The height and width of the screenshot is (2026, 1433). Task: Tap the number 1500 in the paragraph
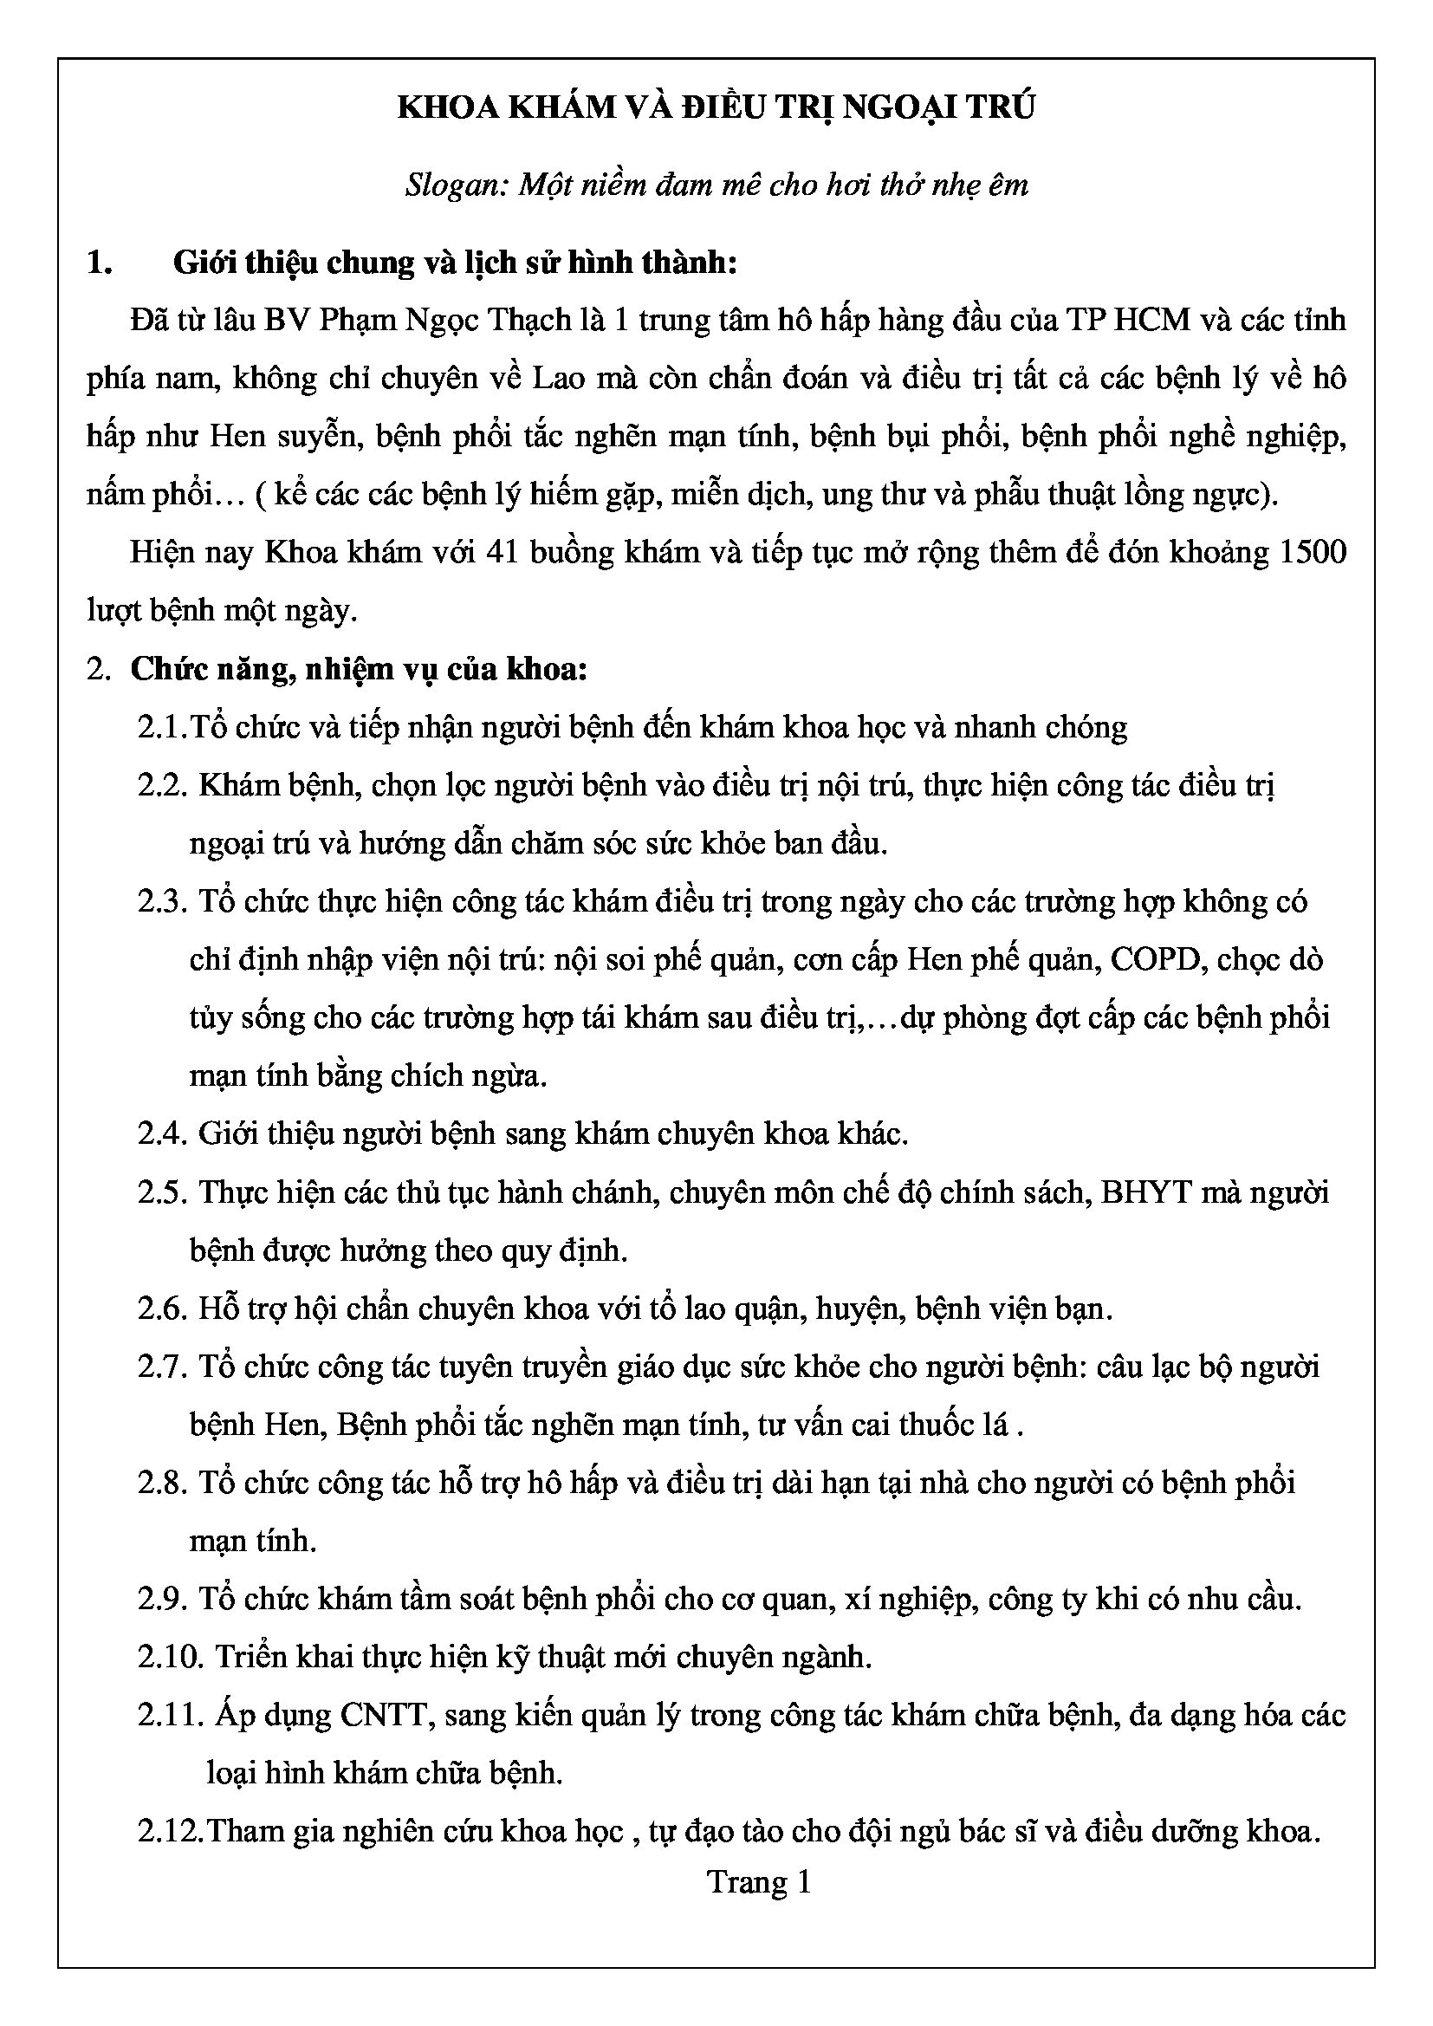pos(1312,552)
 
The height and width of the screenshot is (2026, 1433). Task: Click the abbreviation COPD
pos(1157,959)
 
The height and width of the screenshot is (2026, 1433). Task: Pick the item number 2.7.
pos(163,1367)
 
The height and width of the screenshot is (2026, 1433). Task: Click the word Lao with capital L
pos(558,378)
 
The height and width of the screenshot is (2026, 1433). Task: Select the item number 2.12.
pos(172,1833)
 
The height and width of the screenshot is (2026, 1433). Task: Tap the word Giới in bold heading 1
pos(203,262)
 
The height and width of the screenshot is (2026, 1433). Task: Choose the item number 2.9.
pos(163,1600)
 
